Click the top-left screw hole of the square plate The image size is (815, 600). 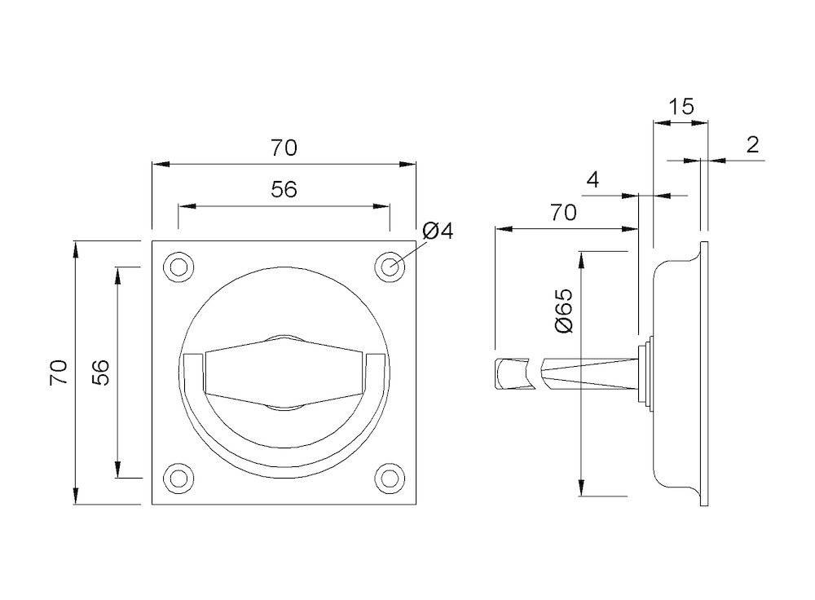(x=178, y=267)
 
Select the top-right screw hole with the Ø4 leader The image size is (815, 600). (x=390, y=267)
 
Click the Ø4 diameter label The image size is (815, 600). (x=438, y=231)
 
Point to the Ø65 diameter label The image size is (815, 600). (x=563, y=311)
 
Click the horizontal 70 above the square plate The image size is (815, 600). (x=284, y=148)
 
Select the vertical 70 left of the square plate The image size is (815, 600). (x=59, y=373)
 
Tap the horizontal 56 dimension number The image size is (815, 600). (x=284, y=190)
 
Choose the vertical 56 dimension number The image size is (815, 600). (x=101, y=373)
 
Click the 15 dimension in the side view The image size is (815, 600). (x=681, y=107)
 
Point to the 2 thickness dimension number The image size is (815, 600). (x=752, y=144)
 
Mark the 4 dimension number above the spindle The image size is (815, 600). (x=593, y=180)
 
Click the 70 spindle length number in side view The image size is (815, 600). (x=563, y=213)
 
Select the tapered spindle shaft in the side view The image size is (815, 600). (x=590, y=373)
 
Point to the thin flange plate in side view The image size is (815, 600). (x=704, y=373)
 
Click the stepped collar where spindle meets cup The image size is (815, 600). (x=646, y=373)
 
